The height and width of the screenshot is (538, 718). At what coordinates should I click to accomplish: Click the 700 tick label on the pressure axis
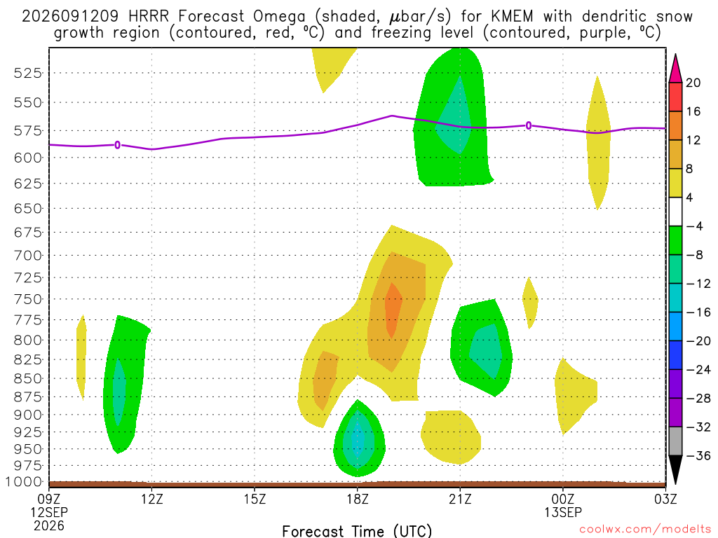[28, 255]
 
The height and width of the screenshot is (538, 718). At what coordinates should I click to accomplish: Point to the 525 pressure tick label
[28, 73]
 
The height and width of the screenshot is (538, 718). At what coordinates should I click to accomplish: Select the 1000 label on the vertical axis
[24, 482]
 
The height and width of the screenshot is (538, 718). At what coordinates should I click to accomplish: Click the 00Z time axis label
[563, 499]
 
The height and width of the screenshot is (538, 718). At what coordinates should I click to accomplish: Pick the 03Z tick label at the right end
[665, 499]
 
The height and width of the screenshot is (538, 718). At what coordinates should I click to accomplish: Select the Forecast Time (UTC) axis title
[357, 531]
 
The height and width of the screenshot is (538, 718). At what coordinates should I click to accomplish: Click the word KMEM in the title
[512, 17]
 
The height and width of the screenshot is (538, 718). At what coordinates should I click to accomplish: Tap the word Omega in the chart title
[279, 18]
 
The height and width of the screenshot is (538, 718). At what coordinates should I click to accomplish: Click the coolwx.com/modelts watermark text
[645, 530]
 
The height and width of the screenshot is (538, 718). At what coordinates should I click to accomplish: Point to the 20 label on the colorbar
[693, 83]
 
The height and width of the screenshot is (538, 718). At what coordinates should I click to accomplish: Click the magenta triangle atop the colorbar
[675, 69]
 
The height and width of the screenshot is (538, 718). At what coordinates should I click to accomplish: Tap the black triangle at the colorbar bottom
[675, 469]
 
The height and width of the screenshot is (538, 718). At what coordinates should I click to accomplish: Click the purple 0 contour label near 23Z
[529, 125]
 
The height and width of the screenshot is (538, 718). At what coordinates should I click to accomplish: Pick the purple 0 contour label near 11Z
[118, 145]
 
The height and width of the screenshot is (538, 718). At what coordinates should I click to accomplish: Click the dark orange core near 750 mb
[393, 310]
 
